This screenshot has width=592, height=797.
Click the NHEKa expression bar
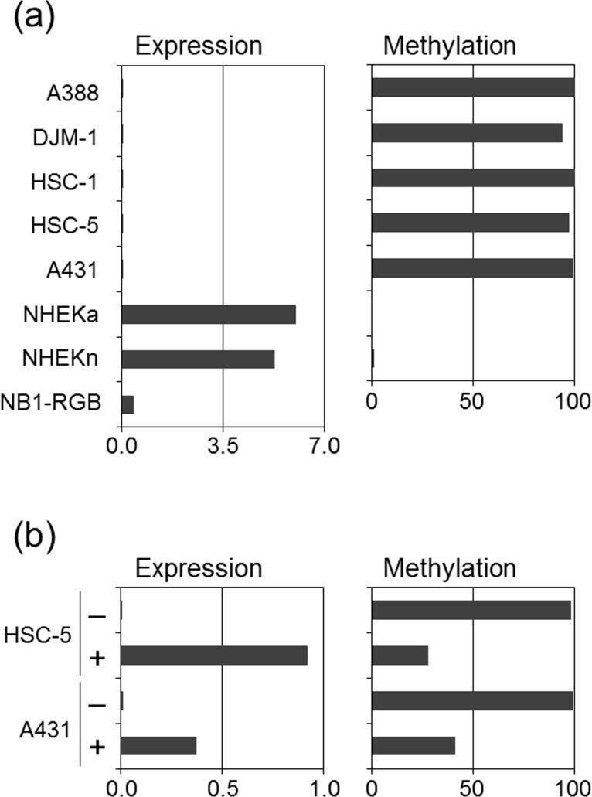[x=208, y=315]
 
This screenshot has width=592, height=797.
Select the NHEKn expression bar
[x=198, y=359]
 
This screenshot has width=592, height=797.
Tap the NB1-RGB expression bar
[x=128, y=404]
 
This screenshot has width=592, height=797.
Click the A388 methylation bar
[x=473, y=88]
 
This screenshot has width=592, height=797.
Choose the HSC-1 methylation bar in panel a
[x=473, y=178]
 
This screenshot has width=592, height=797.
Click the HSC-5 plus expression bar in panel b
[x=214, y=656]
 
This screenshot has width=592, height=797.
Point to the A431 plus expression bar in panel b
[x=158, y=745]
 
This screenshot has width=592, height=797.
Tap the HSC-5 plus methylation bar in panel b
[x=400, y=656]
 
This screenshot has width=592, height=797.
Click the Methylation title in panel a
[x=450, y=46]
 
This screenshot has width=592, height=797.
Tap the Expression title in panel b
[x=199, y=569]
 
